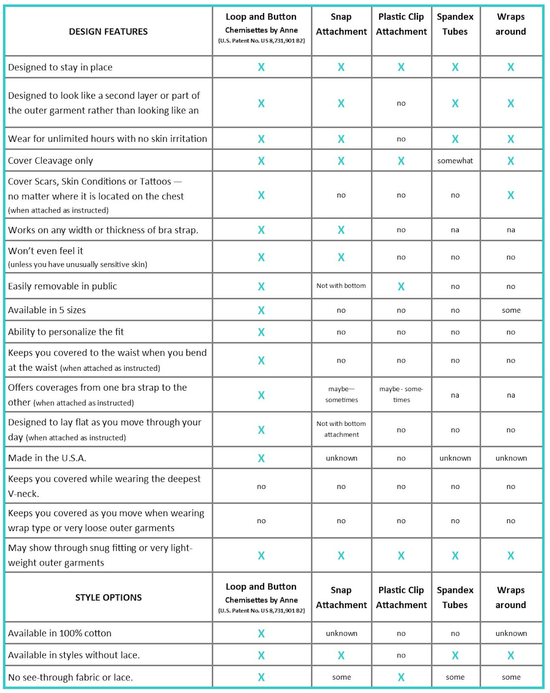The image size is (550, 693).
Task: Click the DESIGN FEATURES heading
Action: (108, 32)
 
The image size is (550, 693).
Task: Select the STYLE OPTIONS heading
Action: (108, 598)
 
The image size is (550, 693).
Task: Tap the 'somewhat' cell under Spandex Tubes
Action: (455, 161)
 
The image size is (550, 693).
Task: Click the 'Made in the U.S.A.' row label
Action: (47, 458)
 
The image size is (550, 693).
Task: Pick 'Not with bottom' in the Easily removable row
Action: (341, 286)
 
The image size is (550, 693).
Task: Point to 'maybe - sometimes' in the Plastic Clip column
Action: (401, 394)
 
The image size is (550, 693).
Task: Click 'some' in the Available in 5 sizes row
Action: (511, 310)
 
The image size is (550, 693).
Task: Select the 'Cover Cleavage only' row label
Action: (51, 161)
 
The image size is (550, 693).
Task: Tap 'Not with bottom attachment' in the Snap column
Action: (341, 429)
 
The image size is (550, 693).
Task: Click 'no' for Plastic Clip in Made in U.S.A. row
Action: (401, 458)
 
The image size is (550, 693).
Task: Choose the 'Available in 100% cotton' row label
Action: (60, 633)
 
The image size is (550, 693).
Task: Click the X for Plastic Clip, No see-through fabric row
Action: (401, 677)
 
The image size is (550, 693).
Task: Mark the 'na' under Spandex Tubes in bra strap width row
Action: (455, 230)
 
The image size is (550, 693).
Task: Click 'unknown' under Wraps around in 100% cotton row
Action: (511, 633)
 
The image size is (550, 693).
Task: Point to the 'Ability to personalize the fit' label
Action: (66, 332)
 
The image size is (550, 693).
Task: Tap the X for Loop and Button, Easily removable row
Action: (261, 286)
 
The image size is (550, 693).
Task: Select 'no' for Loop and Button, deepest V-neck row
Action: (261, 486)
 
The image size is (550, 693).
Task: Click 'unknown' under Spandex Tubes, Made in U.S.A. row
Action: (455, 458)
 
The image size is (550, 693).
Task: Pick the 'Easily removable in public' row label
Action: (62, 286)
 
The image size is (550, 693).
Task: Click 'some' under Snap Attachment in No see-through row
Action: (341, 677)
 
